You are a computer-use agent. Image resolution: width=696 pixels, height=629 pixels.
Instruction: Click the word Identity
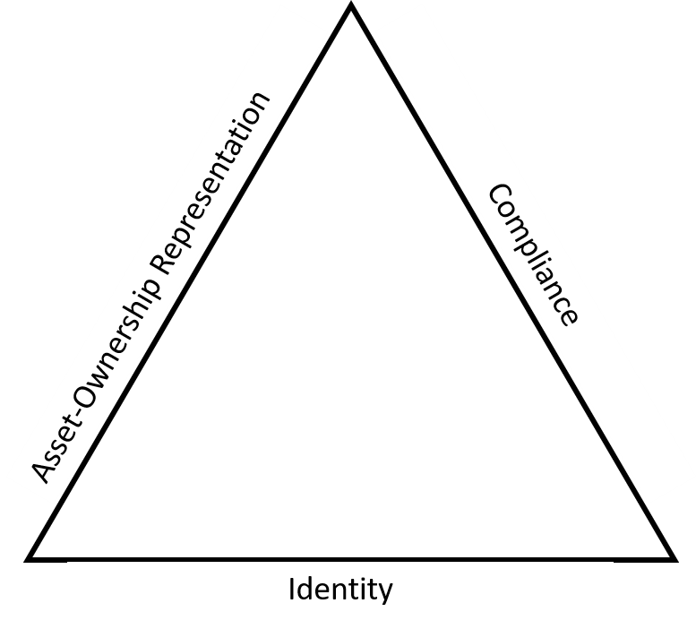pos(340,590)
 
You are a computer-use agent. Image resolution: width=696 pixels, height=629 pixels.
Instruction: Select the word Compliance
pos(532,254)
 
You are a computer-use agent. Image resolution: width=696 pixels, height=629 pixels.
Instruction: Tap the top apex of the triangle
pos(350,13)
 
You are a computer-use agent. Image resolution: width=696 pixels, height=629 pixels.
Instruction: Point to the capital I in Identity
pos(292,590)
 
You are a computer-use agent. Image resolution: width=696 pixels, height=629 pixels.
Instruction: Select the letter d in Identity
pos(305,590)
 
